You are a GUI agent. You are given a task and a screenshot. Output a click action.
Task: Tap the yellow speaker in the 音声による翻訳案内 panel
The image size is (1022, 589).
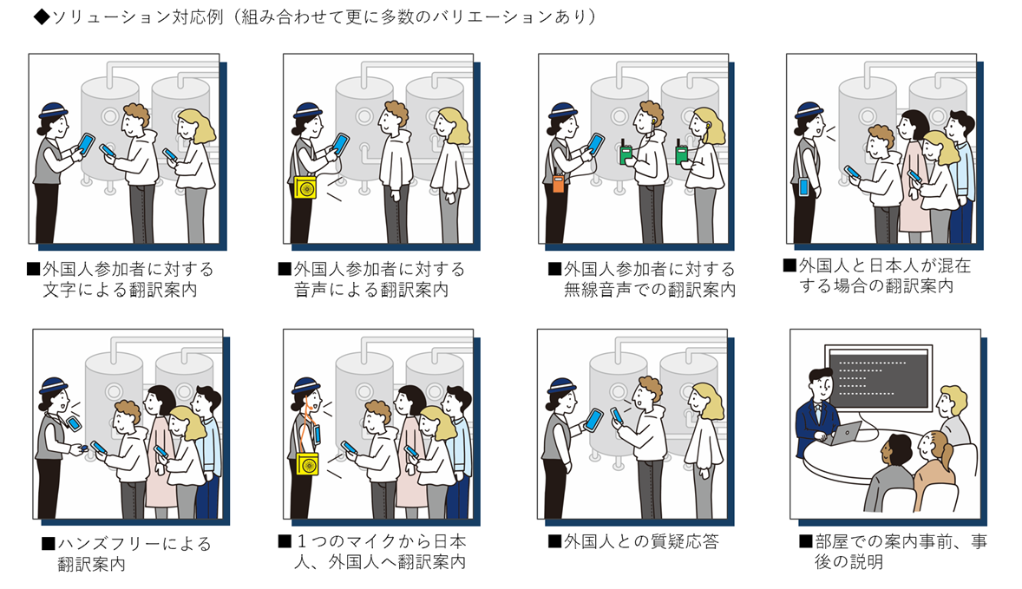[x=305, y=188]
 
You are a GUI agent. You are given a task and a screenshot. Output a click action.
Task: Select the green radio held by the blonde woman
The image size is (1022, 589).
[x=682, y=154]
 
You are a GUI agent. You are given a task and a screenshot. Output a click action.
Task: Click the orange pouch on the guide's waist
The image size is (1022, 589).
[x=559, y=185]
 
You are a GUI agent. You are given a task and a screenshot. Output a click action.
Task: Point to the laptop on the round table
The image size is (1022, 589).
[x=846, y=432]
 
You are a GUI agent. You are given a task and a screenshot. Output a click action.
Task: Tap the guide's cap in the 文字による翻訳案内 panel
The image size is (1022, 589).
[x=55, y=111]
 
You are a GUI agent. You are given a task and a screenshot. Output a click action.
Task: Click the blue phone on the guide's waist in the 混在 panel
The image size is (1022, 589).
[x=803, y=186]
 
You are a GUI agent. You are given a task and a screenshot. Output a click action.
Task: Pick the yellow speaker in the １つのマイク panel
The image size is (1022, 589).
[x=305, y=464]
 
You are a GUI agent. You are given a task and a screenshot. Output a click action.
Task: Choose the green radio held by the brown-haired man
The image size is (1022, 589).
[x=625, y=154]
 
